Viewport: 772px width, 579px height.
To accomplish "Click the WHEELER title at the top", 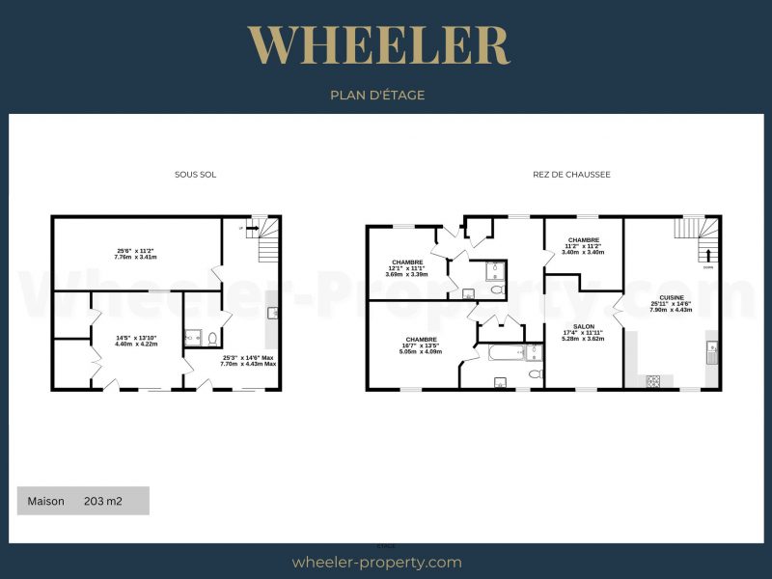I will [377, 45].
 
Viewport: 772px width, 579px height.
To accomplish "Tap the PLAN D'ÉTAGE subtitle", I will [377, 95].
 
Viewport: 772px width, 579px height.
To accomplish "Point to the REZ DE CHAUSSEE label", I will [571, 175].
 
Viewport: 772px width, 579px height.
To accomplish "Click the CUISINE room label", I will [672, 297].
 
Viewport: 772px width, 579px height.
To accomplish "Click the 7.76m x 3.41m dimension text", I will [135, 258].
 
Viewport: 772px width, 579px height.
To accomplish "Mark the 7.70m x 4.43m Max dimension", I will [249, 364].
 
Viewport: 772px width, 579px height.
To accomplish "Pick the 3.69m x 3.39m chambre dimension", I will [406, 274].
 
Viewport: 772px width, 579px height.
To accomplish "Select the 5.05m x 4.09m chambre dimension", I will [422, 351].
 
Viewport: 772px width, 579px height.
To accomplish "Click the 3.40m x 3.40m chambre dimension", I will [584, 252].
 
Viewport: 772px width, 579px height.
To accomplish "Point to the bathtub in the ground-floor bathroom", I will [506, 352].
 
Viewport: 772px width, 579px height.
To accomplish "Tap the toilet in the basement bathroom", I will [211, 338].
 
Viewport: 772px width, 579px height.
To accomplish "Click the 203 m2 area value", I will [103, 501].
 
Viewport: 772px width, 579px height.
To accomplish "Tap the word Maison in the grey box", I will [45, 501].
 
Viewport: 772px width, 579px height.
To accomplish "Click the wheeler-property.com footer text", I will [376, 562].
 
